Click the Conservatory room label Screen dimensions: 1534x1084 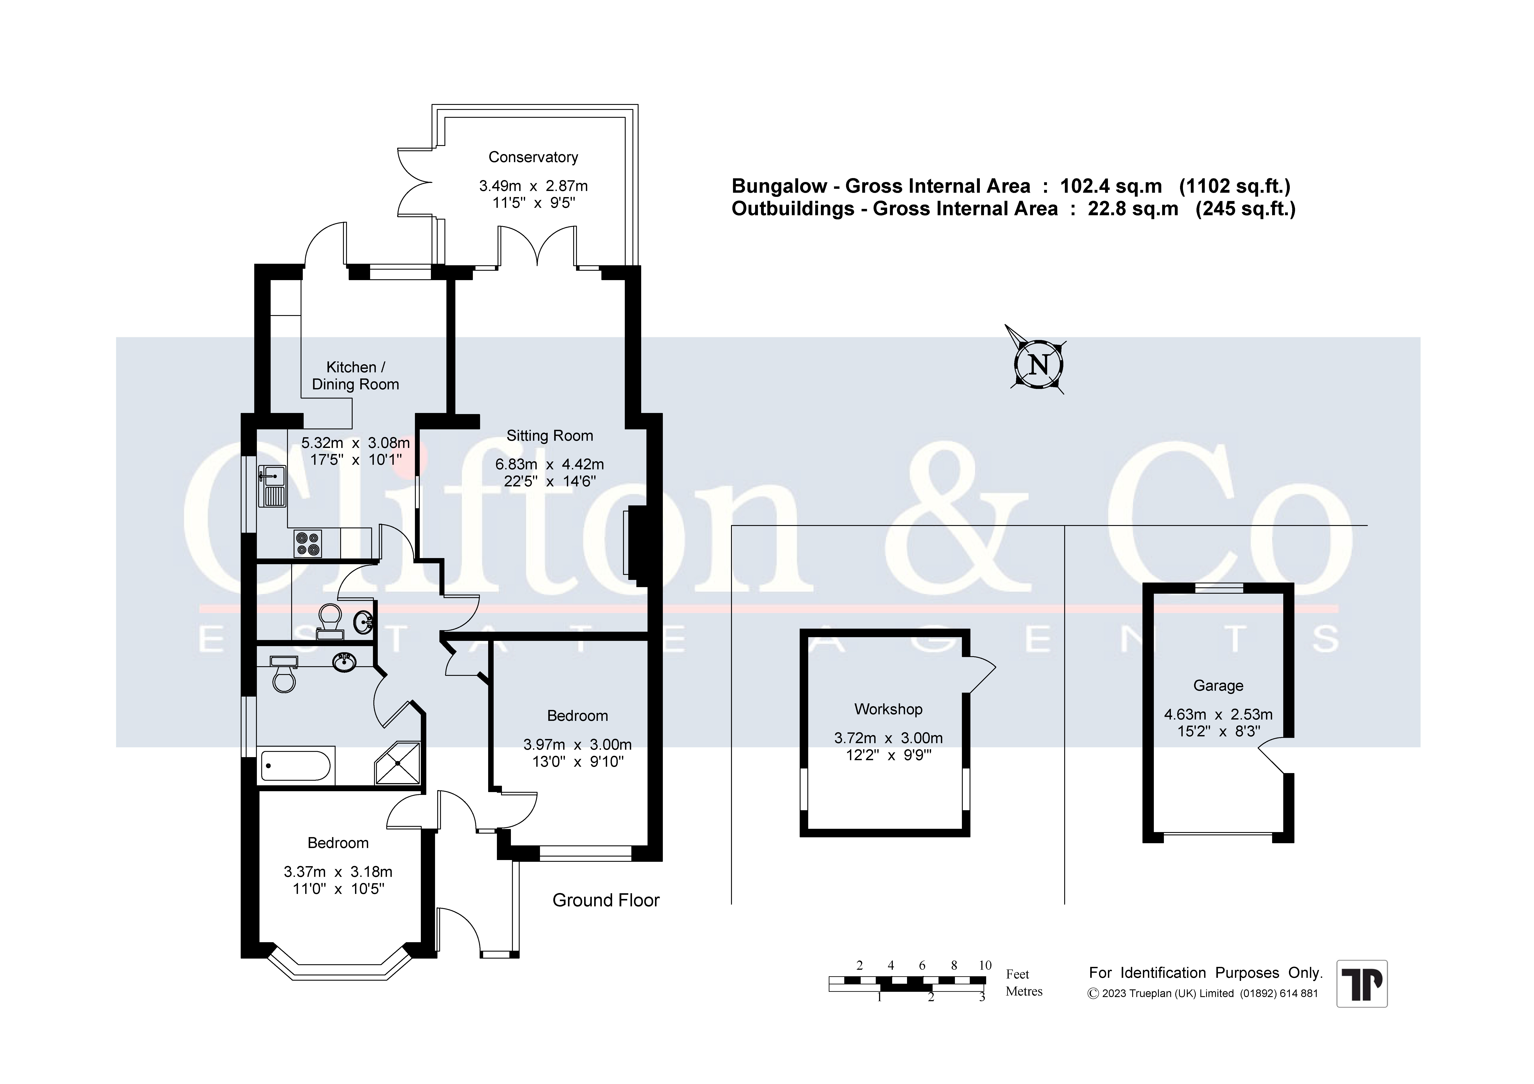pyautogui.click(x=533, y=157)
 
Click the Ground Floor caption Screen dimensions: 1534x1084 pyautogui.click(x=606, y=900)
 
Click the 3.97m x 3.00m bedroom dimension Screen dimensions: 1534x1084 pyautogui.click(x=577, y=744)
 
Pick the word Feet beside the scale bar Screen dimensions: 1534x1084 pyautogui.click(x=1018, y=975)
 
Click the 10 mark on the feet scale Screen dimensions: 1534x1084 pyautogui.click(x=985, y=965)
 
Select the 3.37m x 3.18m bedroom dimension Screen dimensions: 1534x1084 pyautogui.click(x=338, y=872)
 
